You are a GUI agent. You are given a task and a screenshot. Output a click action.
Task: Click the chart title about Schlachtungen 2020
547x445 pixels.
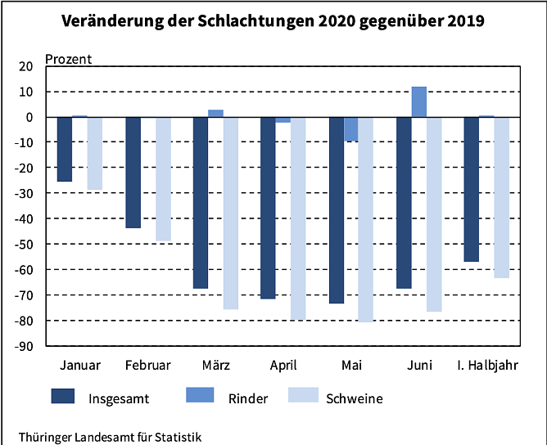(273, 21)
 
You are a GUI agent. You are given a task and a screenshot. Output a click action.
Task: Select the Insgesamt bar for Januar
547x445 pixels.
(65, 149)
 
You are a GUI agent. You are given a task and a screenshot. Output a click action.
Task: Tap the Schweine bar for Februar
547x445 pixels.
(162, 178)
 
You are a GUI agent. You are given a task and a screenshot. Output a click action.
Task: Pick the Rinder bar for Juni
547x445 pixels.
(418, 101)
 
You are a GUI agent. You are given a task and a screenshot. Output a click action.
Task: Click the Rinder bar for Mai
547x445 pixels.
(350, 129)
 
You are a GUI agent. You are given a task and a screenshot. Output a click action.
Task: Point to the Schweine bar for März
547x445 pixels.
(230, 213)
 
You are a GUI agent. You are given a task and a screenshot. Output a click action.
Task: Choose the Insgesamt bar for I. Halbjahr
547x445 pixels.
(472, 189)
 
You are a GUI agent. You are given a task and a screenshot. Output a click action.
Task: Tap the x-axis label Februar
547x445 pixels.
(148, 364)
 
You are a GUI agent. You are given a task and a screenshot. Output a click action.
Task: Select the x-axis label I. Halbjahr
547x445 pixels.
(486, 364)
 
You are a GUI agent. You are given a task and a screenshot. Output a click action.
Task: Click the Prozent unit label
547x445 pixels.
(68, 58)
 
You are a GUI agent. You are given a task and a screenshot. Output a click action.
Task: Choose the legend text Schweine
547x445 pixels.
(354, 398)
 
